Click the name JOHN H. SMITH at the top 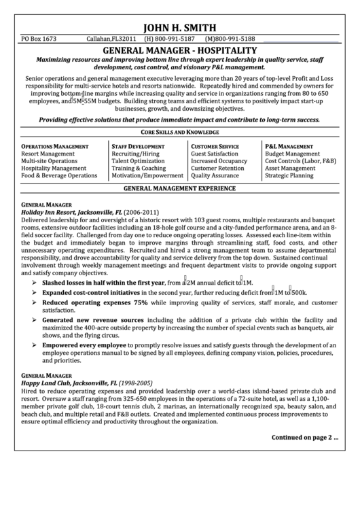179,28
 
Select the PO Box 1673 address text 39,39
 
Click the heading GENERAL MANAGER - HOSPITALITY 179,50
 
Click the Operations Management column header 55,146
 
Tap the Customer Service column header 215,146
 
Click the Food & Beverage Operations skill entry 59,175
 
